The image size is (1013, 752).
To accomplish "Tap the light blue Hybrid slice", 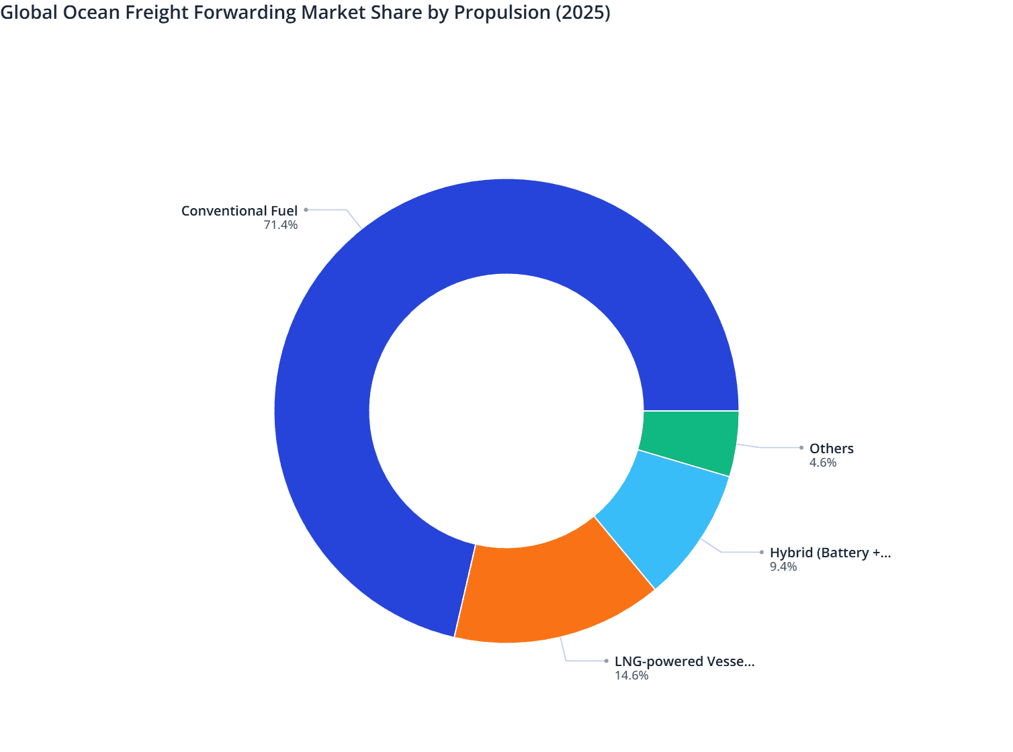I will (x=662, y=517).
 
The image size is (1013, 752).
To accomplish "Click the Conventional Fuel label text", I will (x=239, y=211).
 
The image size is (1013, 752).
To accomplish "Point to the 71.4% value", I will (x=281, y=225).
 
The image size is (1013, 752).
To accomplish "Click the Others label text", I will (x=831, y=449).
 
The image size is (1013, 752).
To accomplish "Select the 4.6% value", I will (x=823, y=463).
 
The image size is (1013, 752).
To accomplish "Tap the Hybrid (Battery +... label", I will (x=830, y=553).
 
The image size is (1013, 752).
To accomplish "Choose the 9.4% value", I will (x=783, y=567).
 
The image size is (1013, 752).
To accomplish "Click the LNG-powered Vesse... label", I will (x=684, y=661).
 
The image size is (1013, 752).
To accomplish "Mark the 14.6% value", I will (x=631, y=675).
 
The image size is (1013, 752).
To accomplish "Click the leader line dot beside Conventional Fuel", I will (x=306, y=209).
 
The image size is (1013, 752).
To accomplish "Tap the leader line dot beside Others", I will (x=801, y=448).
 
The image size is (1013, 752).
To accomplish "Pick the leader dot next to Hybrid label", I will (x=762, y=553).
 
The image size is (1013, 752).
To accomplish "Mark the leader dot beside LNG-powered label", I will (x=606, y=661).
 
